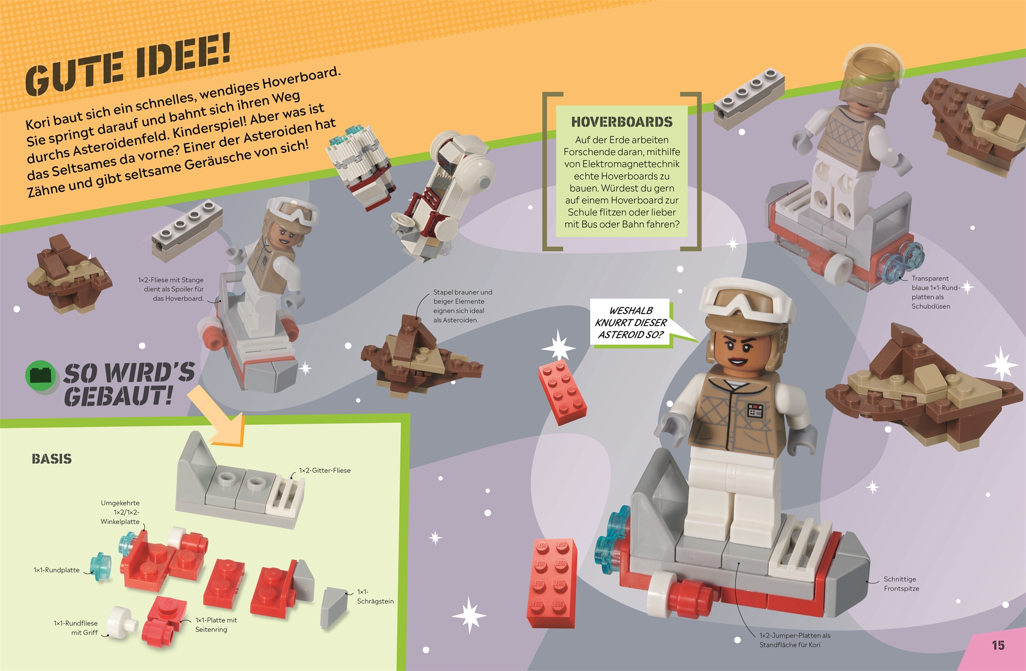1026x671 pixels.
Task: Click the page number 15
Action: [998, 645]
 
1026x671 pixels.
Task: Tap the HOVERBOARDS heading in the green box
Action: [622, 122]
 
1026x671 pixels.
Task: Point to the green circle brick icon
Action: [40, 375]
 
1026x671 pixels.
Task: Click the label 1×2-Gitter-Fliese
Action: [325, 470]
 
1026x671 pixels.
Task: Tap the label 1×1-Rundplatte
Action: [57, 570]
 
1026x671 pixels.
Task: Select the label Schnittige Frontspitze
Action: [901, 584]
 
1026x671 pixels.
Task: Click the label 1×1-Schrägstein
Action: [375, 597]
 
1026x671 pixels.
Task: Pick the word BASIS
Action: [51, 459]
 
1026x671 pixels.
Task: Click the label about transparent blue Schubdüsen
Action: [935, 293]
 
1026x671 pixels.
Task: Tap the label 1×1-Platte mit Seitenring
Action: [216, 625]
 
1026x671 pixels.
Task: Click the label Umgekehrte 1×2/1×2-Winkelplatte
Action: [120, 512]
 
